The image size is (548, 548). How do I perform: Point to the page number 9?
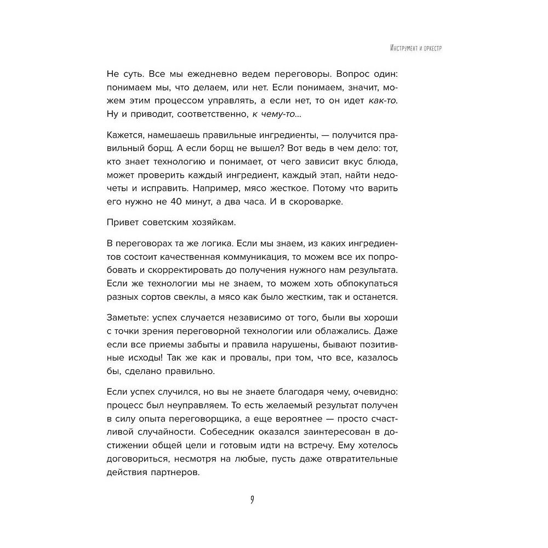tap(252, 500)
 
